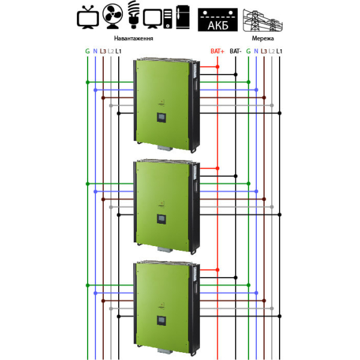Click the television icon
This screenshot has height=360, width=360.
click(x=88, y=17)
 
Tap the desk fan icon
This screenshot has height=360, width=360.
click(x=113, y=16)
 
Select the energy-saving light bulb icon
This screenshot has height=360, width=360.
click(x=134, y=14)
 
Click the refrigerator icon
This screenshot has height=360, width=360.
click(x=183, y=17)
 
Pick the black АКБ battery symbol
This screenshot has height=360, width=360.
click(x=218, y=20)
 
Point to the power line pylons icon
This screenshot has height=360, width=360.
click(x=263, y=20)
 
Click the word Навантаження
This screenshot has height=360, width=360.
click(x=134, y=38)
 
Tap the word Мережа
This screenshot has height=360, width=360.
click(x=263, y=38)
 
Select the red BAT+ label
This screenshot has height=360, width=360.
click(x=217, y=51)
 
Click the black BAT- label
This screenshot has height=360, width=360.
click(x=235, y=51)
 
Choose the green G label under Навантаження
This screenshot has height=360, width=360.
click(x=88, y=51)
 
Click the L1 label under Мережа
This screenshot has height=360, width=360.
click(x=279, y=51)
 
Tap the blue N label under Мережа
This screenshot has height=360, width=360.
click(x=256, y=51)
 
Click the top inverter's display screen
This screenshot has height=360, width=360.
click(x=161, y=118)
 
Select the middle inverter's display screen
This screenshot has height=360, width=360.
click(x=161, y=219)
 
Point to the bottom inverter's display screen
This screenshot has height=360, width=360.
click(x=161, y=320)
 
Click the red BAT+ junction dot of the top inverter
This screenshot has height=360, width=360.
click(x=217, y=67)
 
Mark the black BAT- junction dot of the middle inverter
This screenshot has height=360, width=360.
click(x=236, y=176)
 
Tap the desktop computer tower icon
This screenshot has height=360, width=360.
click(x=168, y=19)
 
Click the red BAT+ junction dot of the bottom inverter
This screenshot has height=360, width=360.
click(x=217, y=270)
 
